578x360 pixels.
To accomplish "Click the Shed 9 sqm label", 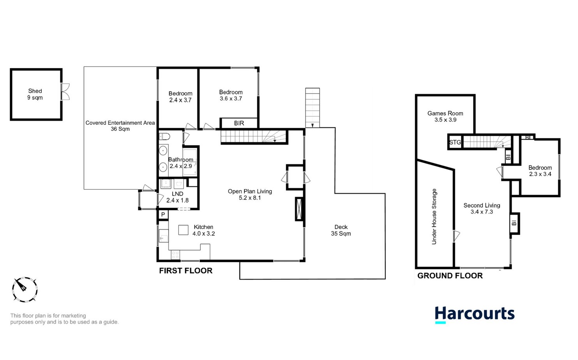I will (x=35, y=94).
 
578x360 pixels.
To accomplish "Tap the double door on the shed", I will (x=65, y=92).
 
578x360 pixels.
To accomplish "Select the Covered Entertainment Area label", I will (x=120, y=125).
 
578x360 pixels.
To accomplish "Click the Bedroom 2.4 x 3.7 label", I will (x=180, y=97).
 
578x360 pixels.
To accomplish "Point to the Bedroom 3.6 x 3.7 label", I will (x=231, y=95).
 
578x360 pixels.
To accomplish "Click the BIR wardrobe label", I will (x=239, y=123).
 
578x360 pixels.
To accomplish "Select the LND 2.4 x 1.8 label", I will (x=177, y=197).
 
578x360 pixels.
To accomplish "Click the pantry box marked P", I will (x=163, y=215).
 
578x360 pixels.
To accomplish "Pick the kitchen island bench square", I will (x=183, y=230).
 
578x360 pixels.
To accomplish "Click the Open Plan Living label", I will (x=250, y=194).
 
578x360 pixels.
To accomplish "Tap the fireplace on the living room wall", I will (x=299, y=209).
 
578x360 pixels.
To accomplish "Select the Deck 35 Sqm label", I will (x=341, y=230).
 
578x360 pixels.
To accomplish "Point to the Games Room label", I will (x=445, y=116).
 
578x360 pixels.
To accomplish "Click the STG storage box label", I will (x=455, y=143).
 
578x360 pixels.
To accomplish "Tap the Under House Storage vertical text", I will (x=434, y=217).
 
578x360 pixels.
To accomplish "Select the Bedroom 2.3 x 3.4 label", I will (x=540, y=171).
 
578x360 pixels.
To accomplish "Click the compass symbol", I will (x=25, y=289).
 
